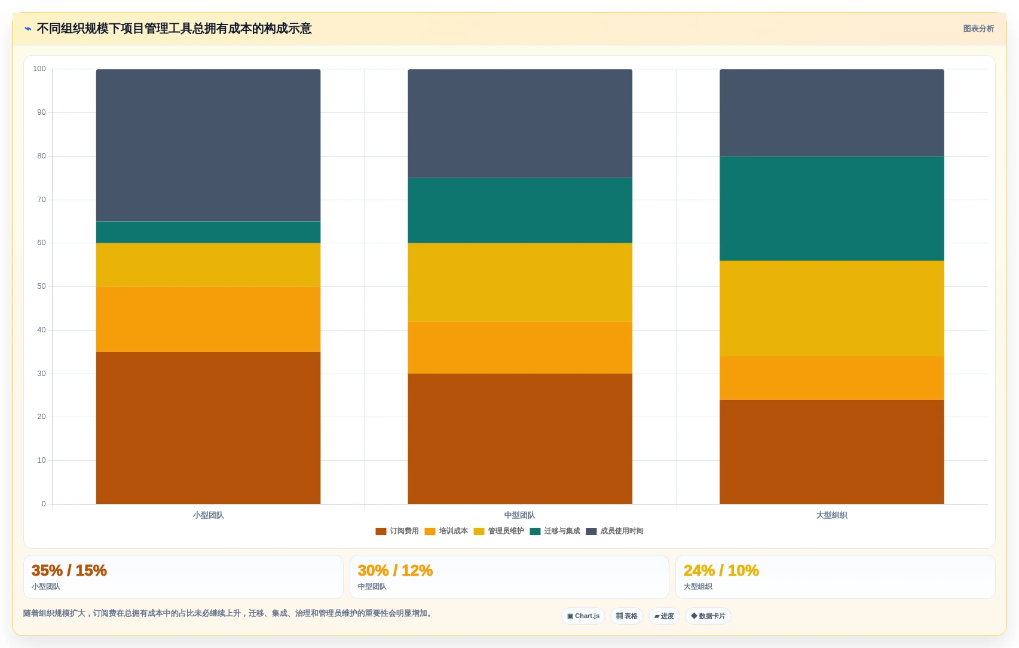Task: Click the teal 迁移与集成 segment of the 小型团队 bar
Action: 208,232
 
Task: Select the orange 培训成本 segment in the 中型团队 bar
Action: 520,348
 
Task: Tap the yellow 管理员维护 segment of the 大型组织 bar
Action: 831,308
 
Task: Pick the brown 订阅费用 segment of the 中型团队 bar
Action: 520,439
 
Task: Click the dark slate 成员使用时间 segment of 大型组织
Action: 831,113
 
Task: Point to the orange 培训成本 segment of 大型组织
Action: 831,378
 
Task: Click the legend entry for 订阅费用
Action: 397,531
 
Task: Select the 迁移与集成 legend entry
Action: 555,531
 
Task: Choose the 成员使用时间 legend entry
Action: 614,531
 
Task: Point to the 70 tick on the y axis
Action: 41,199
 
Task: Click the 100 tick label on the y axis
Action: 39,69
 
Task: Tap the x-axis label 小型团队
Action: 208,515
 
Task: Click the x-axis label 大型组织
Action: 831,515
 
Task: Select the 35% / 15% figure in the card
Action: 69,570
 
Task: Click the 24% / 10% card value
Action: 721,570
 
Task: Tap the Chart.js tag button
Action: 583,616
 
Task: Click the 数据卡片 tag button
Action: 708,616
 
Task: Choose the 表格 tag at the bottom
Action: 626,616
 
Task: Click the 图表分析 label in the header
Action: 978,29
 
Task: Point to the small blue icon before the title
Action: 28,29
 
